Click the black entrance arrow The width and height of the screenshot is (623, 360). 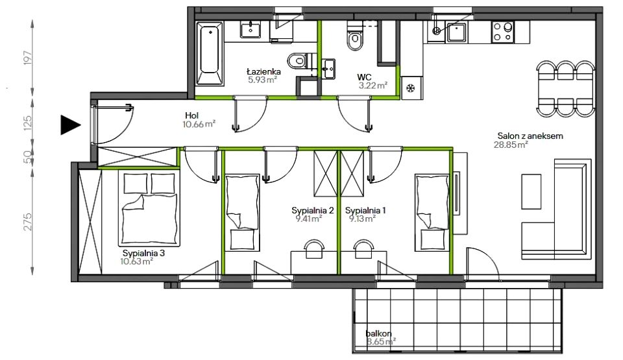69,125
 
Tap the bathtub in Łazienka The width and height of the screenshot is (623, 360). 210,53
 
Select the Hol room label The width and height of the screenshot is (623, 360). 191,115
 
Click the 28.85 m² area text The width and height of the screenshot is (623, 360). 511,145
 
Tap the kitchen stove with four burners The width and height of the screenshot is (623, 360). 502,32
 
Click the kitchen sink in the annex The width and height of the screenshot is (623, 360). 456,32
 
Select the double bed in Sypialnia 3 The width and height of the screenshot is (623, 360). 149,209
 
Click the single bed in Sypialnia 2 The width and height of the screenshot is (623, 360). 242,212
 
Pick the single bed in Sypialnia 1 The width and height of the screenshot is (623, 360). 432,212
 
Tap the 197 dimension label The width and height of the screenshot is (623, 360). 27,58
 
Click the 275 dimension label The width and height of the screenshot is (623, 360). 27,222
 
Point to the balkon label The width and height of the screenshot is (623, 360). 378,333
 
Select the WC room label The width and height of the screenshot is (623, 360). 364,77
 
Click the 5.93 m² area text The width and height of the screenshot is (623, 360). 262,80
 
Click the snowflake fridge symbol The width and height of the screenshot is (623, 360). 410,88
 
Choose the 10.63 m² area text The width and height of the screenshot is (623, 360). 137,261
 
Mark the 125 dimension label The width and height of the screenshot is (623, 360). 27,123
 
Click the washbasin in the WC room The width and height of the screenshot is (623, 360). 329,69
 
